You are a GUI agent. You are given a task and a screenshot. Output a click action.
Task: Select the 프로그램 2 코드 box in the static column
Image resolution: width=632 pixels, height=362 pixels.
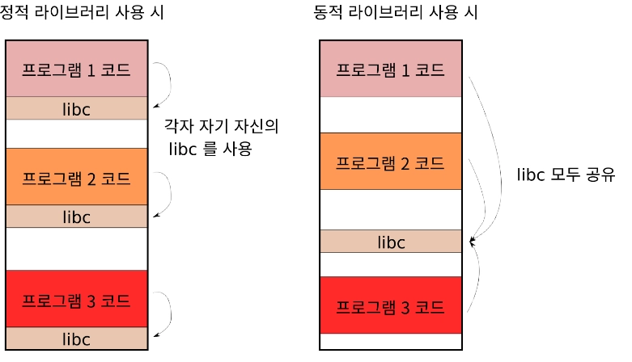click(x=76, y=176)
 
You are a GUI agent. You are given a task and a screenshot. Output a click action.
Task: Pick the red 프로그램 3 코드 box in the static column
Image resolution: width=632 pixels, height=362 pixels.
click(x=76, y=298)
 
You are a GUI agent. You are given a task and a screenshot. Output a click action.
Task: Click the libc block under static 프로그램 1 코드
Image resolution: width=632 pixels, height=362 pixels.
click(x=76, y=108)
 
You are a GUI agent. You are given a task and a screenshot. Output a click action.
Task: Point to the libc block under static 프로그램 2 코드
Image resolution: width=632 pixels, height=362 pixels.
click(x=76, y=217)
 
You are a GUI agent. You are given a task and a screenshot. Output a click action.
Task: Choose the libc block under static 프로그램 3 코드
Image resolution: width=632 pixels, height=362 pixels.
click(x=76, y=339)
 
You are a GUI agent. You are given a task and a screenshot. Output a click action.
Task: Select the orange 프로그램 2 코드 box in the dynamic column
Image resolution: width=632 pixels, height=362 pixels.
click(x=390, y=162)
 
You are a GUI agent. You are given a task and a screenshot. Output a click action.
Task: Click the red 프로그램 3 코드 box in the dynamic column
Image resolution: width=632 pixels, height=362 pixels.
click(x=390, y=305)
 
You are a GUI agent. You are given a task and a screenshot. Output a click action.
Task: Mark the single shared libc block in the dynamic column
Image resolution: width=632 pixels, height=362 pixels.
click(x=390, y=242)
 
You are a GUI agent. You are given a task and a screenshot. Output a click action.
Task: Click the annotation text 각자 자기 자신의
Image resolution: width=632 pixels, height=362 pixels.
click(x=221, y=128)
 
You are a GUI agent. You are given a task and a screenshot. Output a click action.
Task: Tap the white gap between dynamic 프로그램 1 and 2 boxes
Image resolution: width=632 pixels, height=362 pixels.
click(x=390, y=115)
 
